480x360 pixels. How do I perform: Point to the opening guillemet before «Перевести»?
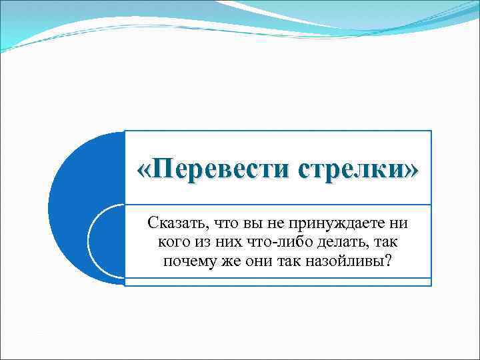[x=143, y=171]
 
